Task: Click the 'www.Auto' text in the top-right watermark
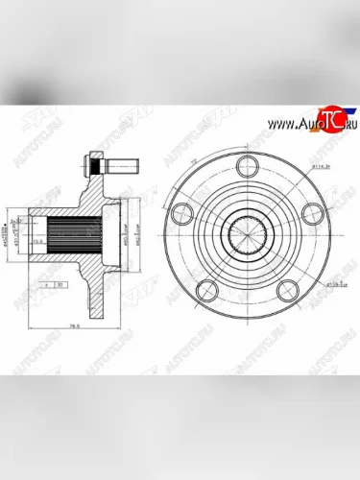click(293, 125)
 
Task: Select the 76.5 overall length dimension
click(75, 329)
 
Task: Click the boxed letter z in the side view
click(45, 285)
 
